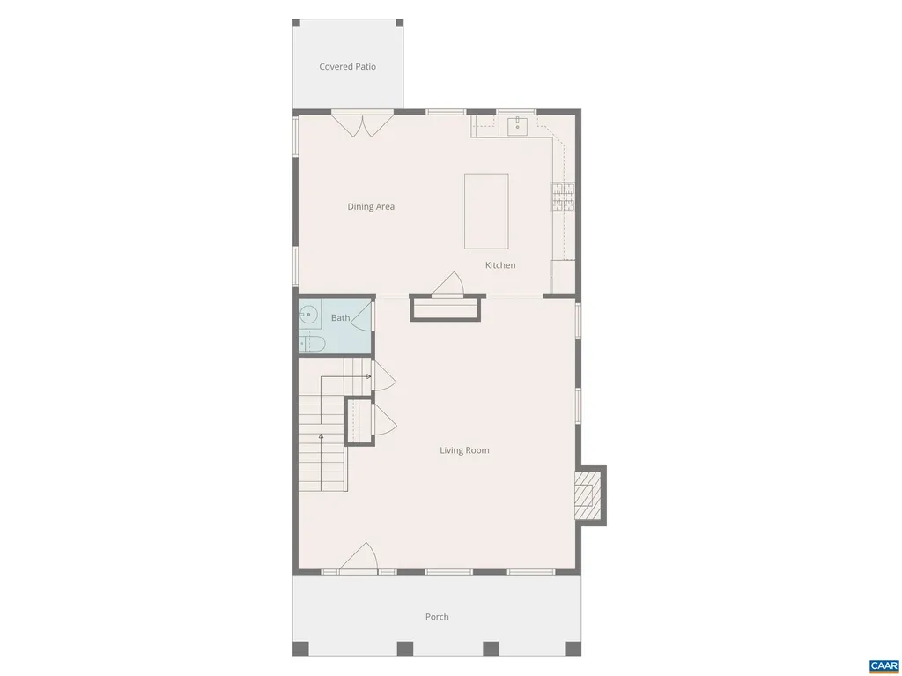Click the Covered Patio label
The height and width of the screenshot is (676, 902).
[347, 67]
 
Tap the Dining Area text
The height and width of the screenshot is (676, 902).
[371, 207]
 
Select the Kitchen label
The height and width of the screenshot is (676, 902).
[500, 265]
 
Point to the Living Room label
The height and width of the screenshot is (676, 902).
[464, 450]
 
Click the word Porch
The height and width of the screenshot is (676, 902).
[437, 617]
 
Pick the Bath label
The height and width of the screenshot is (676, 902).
[340, 318]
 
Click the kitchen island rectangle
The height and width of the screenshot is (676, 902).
[486, 211]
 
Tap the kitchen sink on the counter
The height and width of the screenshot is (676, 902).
[516, 127]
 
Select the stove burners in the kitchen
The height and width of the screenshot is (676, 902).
[562, 197]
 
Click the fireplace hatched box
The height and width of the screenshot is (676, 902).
[587, 495]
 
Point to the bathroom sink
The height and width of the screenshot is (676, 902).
[307, 313]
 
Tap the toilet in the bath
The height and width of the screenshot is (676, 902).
[312, 343]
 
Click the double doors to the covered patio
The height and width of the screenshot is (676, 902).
[362, 123]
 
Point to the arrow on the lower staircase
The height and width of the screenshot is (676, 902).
[321, 435]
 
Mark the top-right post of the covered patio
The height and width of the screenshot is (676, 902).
[399, 23]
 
